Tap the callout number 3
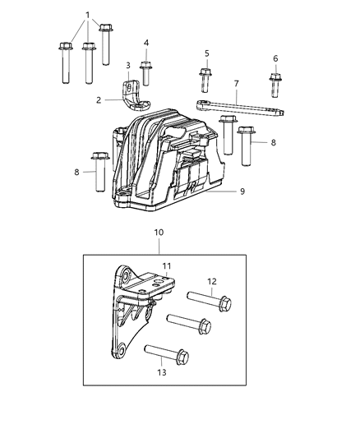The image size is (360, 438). coord(127,66)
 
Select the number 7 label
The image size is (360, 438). coord(236,83)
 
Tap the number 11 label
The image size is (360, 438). coord(165,267)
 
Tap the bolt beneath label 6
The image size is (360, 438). coord(275,85)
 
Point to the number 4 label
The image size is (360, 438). coord(145,43)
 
